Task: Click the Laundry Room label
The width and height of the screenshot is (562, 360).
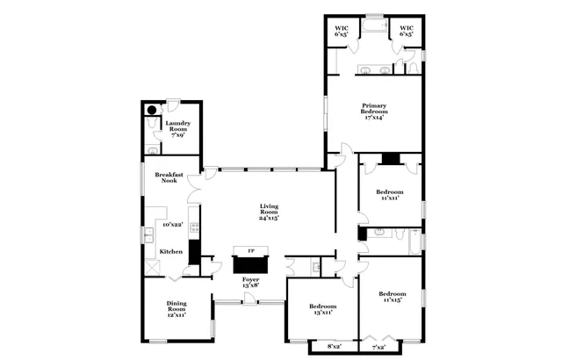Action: click(178, 129)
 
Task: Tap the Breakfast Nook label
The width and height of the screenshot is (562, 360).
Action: click(169, 177)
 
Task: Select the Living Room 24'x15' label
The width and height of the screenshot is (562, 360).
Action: click(269, 212)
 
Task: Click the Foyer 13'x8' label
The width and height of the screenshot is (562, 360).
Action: click(250, 282)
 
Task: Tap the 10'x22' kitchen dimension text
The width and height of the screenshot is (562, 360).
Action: click(172, 225)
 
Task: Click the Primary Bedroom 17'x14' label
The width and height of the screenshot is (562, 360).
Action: click(374, 111)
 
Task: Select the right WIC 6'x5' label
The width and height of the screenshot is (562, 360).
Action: click(407, 32)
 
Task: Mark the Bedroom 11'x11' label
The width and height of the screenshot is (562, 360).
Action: click(390, 194)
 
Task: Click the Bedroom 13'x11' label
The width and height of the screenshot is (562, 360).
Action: click(322, 309)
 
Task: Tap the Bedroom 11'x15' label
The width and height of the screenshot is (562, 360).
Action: click(393, 297)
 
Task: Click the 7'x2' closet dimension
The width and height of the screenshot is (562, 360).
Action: click(379, 348)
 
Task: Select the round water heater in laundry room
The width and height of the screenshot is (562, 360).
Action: click(151, 111)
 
